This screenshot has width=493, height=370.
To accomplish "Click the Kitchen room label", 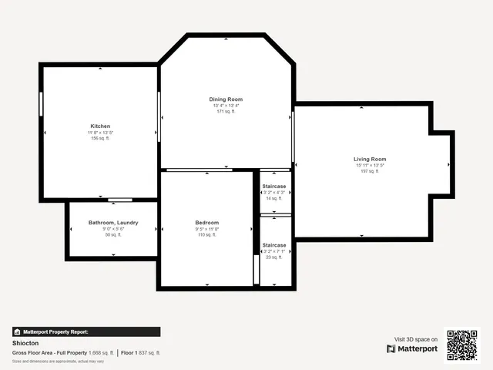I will (100, 126).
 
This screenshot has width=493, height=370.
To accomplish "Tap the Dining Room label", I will (226, 99).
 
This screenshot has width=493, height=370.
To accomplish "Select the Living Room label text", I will (370, 159).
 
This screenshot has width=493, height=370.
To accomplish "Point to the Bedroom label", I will (206, 223).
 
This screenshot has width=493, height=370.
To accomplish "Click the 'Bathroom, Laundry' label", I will (113, 223).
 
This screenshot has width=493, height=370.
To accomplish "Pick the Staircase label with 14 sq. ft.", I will (274, 187).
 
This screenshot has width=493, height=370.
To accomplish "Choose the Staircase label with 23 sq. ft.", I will (274, 245).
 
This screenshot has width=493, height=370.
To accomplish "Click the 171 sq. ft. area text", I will (226, 112).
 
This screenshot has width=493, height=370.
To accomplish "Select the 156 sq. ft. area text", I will (100, 138).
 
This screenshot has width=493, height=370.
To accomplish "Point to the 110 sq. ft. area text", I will (206, 235).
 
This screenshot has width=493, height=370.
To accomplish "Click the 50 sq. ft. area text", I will (113, 235).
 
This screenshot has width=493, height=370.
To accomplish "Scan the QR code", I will (462, 345).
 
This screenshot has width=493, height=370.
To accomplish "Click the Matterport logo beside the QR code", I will (412, 348).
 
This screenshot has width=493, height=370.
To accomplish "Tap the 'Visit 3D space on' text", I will (416, 338).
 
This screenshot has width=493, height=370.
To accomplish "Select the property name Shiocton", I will (26, 343).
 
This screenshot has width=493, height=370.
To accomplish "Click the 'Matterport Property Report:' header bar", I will (86, 331).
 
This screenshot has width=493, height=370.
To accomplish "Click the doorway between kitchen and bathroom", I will (119, 200).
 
